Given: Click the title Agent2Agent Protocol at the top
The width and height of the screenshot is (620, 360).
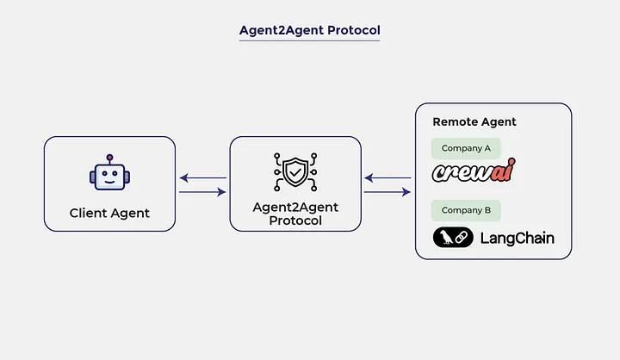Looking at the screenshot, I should (x=309, y=30).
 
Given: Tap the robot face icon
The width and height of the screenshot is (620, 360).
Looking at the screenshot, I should (x=108, y=176).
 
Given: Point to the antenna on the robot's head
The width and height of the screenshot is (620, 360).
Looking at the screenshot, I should (x=108, y=158).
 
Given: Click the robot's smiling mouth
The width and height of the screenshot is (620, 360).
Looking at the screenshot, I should (x=108, y=183).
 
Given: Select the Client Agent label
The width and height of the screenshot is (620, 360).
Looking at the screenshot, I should (x=109, y=213).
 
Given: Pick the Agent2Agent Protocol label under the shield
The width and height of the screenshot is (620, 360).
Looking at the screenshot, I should (x=295, y=214).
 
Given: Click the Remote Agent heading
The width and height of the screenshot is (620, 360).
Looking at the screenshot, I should (x=474, y=122).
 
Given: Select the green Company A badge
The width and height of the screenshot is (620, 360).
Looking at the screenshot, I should (x=466, y=148).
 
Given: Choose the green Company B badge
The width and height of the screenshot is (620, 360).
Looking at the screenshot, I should (x=466, y=210).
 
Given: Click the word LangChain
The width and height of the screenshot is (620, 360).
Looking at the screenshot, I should (x=517, y=238).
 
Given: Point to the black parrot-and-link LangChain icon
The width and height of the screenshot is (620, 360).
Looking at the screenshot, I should (x=453, y=238).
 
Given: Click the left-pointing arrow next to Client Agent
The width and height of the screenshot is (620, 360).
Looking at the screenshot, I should (x=203, y=178).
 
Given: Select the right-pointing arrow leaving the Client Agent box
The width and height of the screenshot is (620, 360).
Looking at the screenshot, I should (x=203, y=192).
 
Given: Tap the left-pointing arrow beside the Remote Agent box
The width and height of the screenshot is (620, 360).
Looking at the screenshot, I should (x=387, y=178).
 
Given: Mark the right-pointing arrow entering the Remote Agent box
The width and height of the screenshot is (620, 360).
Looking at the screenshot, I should (x=387, y=192).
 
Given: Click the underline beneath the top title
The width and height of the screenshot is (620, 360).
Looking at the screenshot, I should (x=309, y=40).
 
